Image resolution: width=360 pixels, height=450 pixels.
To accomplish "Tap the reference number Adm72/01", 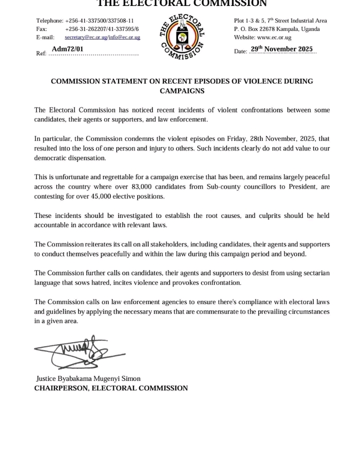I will (x=68, y=48).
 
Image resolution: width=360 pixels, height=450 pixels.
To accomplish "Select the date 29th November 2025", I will (x=281, y=49).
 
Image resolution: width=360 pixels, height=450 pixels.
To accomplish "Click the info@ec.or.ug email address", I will (x=124, y=37).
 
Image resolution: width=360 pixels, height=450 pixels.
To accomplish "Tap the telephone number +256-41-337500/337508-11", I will (x=99, y=20).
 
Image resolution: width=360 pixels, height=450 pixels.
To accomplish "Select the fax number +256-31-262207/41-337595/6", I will (x=102, y=29).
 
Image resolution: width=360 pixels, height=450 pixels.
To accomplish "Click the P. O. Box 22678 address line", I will (x=277, y=29).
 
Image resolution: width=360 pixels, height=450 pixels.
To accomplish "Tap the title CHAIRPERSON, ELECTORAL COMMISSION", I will (x=111, y=388).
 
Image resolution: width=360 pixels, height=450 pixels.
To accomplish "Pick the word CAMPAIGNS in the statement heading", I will (x=182, y=91).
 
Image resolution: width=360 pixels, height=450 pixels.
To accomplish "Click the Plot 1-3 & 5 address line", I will (x=280, y=20).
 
